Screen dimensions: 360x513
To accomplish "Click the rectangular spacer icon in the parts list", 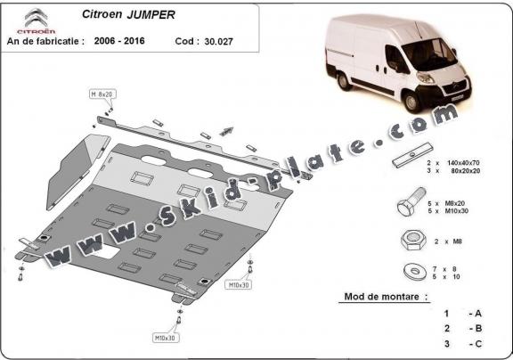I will point(411,164).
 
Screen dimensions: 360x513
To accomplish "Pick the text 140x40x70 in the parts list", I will point(473,165).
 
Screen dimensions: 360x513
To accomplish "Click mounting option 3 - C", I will point(461,343).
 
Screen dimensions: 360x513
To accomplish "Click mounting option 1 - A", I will point(461,314).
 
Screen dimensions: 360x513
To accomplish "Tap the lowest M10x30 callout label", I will point(164,338).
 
